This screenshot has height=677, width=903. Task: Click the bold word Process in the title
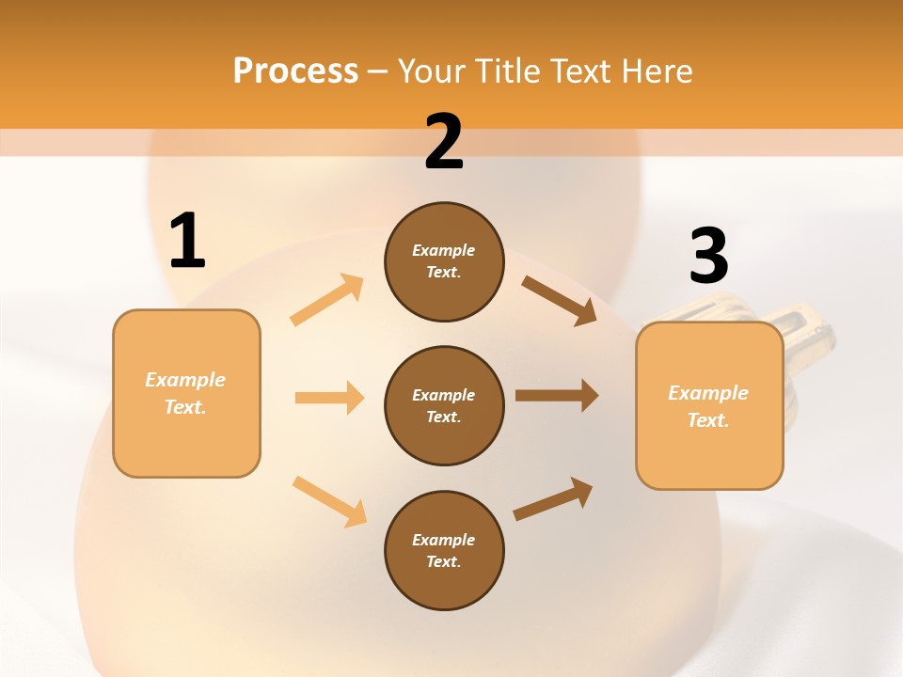(x=295, y=71)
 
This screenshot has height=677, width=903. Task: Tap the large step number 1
(x=186, y=242)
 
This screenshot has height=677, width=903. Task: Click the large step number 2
(x=444, y=142)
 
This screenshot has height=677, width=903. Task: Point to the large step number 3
(x=708, y=257)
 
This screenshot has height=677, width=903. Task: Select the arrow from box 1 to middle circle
(x=329, y=398)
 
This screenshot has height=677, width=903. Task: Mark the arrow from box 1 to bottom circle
(x=329, y=500)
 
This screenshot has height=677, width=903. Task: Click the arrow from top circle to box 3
(x=559, y=300)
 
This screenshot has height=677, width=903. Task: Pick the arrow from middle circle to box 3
(x=556, y=396)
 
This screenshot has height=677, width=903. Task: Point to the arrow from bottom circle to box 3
(x=553, y=498)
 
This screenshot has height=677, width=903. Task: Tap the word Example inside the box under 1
(x=185, y=380)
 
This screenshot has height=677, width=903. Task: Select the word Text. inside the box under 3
(x=708, y=420)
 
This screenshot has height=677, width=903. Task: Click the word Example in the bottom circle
(x=443, y=540)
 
